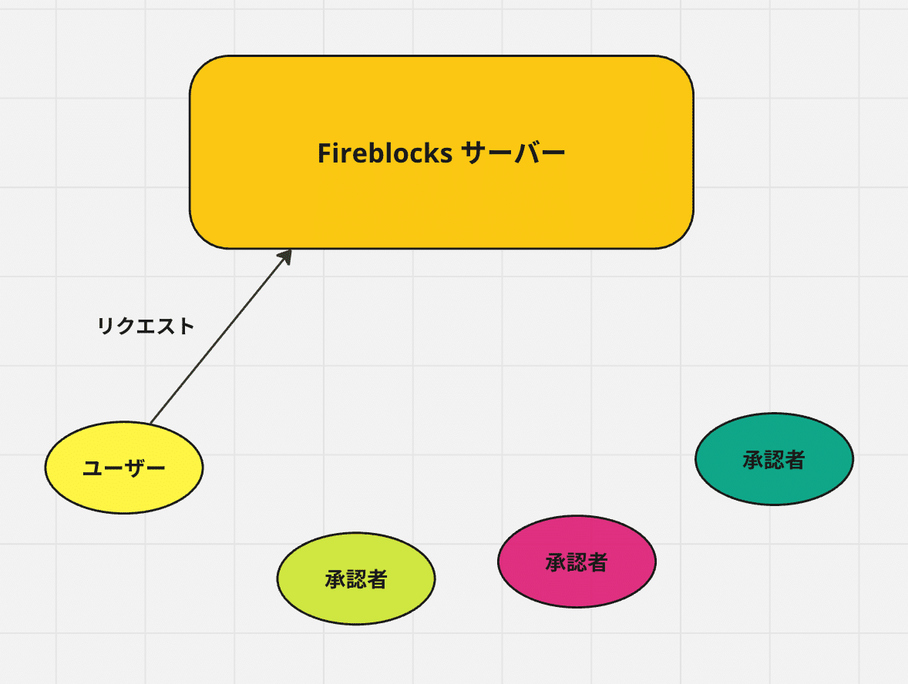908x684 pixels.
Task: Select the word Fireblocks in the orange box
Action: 385,153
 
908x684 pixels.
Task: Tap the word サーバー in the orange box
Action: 513,153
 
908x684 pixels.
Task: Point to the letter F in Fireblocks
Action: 325,153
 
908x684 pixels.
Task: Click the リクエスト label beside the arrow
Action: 146,326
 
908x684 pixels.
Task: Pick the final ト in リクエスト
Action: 186,326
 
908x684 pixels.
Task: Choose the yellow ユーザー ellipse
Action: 123,493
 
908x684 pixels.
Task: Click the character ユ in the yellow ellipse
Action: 92,468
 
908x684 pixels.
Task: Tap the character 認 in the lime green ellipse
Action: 356,578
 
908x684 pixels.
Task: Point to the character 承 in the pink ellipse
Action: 556,562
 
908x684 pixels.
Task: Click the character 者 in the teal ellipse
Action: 795,460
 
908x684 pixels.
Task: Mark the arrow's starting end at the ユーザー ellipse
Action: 151,422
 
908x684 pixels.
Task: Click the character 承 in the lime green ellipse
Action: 335,578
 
